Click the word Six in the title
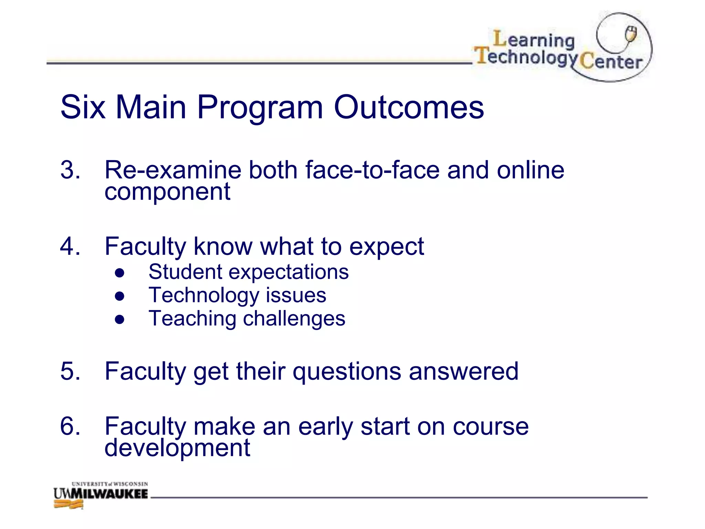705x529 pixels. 83,107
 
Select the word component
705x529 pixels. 167,192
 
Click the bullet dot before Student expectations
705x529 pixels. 119,273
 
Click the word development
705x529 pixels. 177,448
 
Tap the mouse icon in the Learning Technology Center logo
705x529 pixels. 631,34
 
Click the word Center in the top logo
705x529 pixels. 611,62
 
